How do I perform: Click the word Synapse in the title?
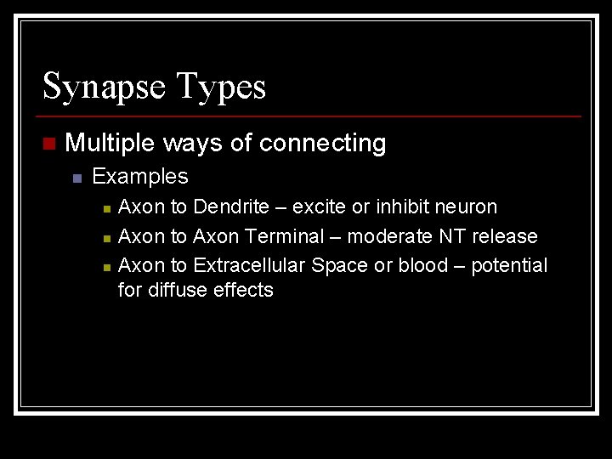click(104, 88)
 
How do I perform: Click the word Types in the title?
click(221, 88)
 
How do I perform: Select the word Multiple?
click(110, 143)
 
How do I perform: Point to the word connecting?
click(322, 144)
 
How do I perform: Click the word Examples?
click(140, 177)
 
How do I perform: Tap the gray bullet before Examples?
click(76, 178)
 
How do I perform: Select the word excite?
click(319, 207)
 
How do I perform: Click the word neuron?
click(466, 207)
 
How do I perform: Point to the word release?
click(504, 236)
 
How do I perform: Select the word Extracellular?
click(249, 265)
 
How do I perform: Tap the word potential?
click(509, 266)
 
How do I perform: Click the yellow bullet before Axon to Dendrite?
click(105, 208)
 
